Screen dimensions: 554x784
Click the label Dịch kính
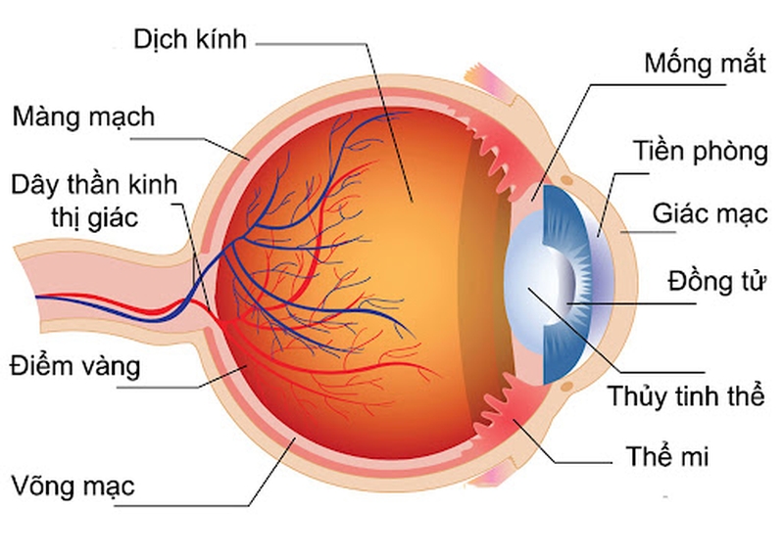click(192, 42)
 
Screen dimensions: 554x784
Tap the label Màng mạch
click(83, 117)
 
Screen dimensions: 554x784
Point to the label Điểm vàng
click(75, 367)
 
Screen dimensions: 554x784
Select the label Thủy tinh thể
click(685, 397)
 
